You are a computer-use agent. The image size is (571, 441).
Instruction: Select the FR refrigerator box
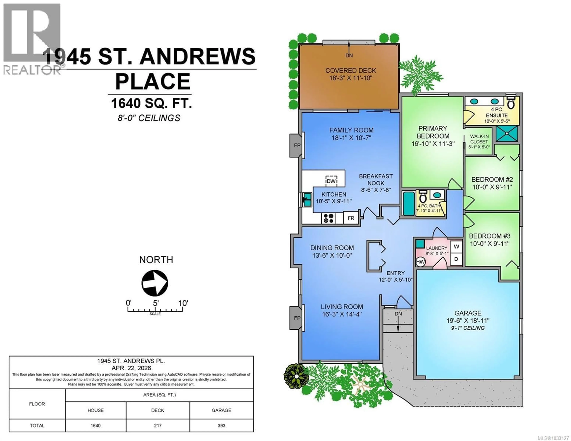coord(351,218)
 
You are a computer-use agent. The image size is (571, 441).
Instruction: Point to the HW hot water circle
coord(420,262)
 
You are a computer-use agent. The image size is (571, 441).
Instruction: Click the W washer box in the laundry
coord(456,246)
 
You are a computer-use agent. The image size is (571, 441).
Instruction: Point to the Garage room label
coord(468,313)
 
